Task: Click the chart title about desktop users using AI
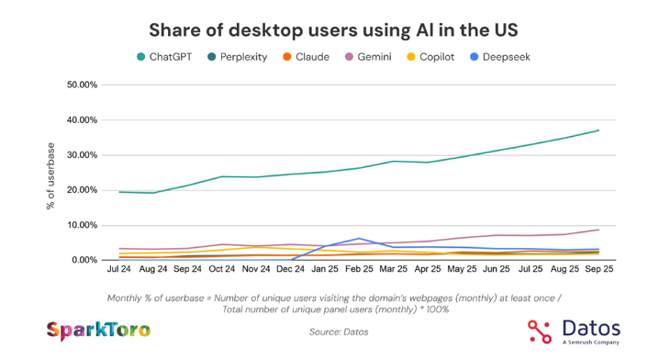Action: [x=334, y=30]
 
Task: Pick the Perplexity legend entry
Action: [x=236, y=57]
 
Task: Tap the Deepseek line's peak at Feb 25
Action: [x=361, y=239]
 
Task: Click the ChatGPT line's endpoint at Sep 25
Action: [x=598, y=130]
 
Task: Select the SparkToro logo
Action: [x=98, y=330]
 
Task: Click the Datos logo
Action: [x=574, y=331]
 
